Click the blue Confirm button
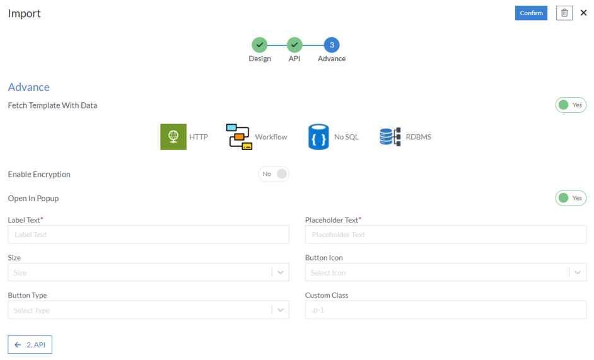tap(531, 13)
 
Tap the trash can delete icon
tap(564, 13)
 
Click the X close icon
tap(583, 13)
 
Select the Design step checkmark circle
tap(259, 45)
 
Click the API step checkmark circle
tap(294, 45)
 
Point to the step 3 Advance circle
tap(332, 45)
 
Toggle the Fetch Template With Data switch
tap(570, 105)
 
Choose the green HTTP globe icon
tap(173, 137)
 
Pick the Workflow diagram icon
tap(239, 137)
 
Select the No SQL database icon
tap(318, 137)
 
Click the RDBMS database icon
tap(390, 137)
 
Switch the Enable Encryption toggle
tap(274, 174)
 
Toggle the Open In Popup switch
tap(570, 198)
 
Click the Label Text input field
tap(148, 235)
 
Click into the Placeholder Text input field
tap(445, 235)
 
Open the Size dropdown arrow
tap(281, 272)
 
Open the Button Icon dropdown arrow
tap(578, 272)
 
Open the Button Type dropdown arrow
tap(281, 310)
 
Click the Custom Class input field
tap(445, 310)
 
